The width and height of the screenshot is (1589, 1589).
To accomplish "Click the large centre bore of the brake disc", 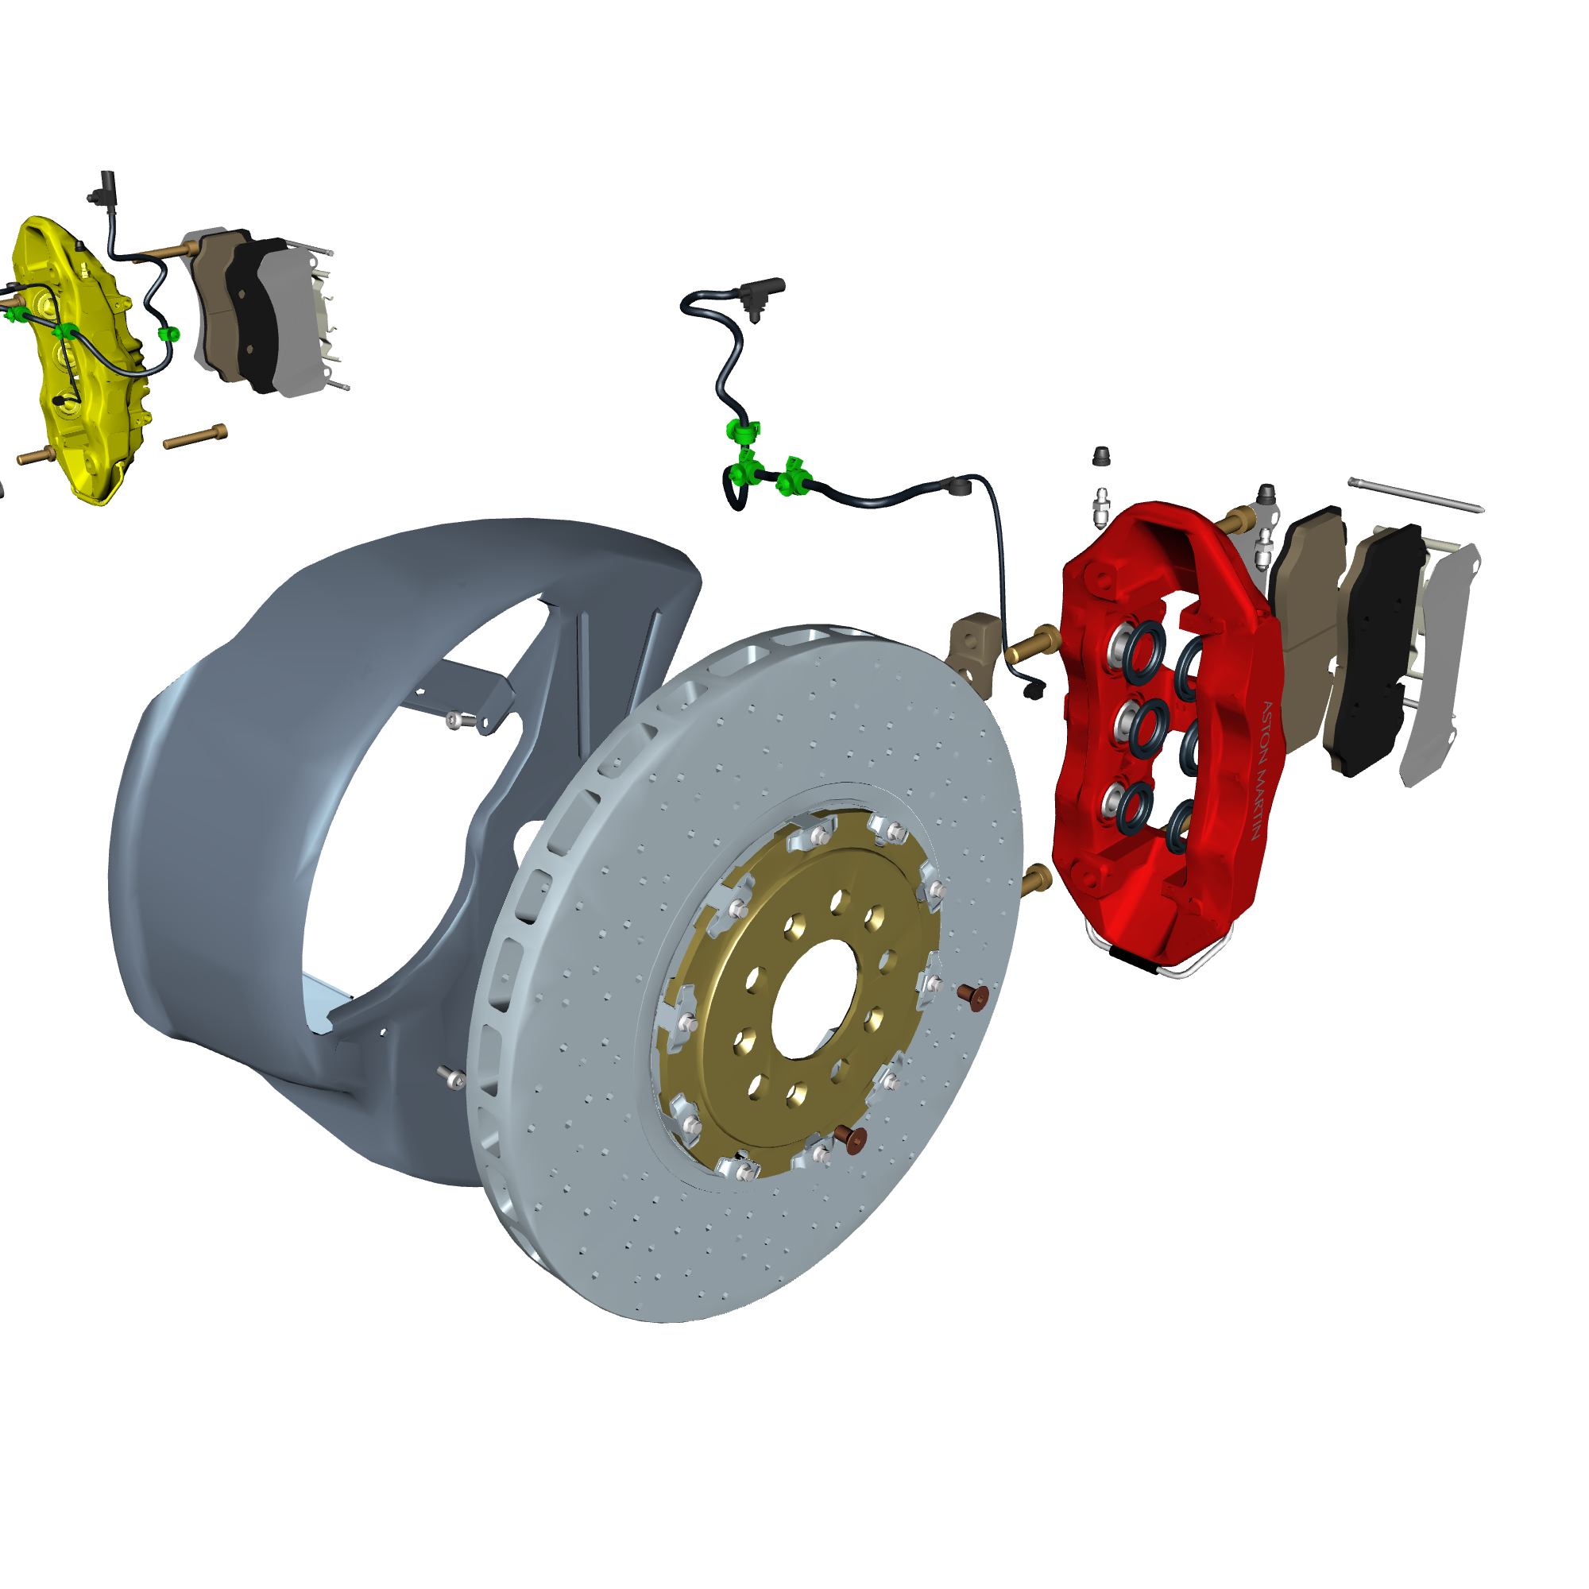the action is pos(814,999).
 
